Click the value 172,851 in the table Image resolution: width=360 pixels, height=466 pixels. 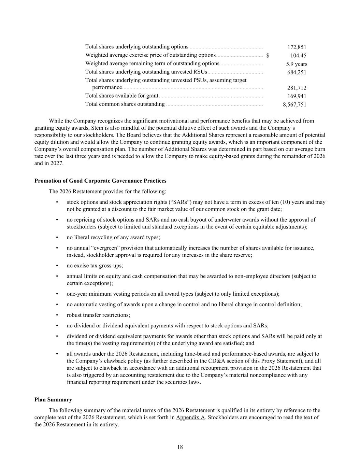[297, 47]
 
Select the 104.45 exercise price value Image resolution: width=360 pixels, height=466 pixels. [298, 56]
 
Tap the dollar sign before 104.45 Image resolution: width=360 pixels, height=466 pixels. [268, 56]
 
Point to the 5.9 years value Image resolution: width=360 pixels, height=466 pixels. [297, 64]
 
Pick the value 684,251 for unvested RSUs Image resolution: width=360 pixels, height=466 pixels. [297, 72]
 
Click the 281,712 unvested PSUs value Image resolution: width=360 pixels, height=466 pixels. [297, 88]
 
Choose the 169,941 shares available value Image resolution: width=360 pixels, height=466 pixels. [297, 96]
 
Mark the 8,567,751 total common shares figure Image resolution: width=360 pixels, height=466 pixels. [294, 105]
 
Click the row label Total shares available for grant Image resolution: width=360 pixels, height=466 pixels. [121, 96]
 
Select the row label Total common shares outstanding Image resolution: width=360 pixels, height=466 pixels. [125, 104]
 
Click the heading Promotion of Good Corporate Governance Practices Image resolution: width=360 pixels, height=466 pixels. [100, 181]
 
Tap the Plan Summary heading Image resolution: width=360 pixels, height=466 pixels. [53, 400]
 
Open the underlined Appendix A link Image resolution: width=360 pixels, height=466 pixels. [190, 418]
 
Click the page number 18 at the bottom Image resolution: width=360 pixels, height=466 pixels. [180, 447]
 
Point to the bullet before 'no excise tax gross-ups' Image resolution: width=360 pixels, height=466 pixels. [57, 266]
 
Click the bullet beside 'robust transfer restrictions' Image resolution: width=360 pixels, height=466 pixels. [57, 315]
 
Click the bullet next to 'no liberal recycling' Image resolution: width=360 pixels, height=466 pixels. [57, 237]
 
